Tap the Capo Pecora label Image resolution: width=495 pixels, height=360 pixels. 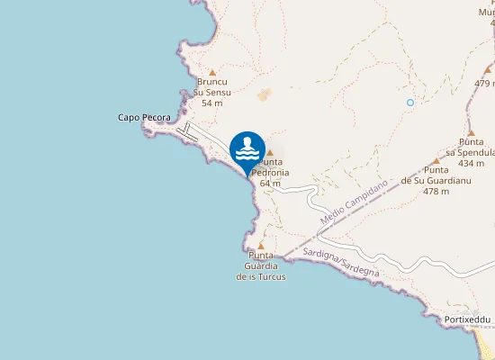tap(144, 118)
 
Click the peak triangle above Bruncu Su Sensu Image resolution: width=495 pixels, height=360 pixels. tap(212, 73)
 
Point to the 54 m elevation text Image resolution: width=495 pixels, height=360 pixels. tap(212, 103)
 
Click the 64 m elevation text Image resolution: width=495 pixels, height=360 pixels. tap(270, 183)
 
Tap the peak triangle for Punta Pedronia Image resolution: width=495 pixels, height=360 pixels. tap(269, 153)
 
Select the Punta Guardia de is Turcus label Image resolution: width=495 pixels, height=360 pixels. tap(261, 265)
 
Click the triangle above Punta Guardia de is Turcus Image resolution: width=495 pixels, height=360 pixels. tap(261, 245)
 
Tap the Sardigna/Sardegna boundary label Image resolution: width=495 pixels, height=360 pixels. tap(342, 262)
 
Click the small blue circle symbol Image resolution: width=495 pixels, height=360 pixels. tap(410, 103)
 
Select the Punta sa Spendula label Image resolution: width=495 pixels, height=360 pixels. tap(472, 148)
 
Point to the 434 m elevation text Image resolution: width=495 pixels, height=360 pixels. tap(472, 164)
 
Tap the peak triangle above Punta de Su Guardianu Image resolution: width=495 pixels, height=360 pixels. tap(436, 161)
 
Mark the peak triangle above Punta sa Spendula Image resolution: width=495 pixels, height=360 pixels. tap(471, 132)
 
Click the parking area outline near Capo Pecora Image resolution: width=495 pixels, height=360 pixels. tap(188, 132)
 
